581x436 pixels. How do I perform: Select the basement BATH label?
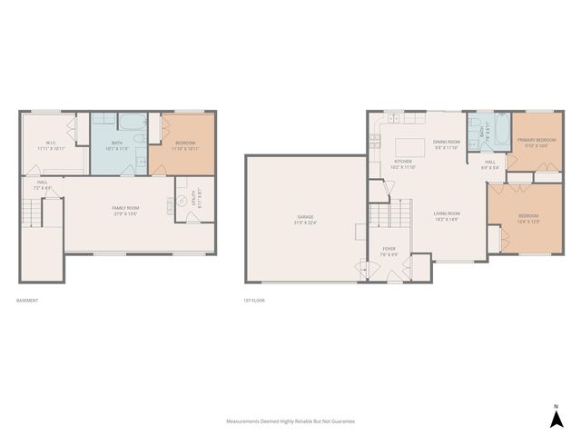[118, 144]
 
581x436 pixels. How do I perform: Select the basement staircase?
[33, 213]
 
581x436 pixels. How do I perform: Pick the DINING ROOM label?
[446, 144]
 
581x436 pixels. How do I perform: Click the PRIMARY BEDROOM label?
[532, 142]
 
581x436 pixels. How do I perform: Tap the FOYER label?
[389, 252]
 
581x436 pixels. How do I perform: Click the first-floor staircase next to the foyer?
[382, 218]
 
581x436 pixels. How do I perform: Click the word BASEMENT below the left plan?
[28, 300]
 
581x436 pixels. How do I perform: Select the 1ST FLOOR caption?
[254, 300]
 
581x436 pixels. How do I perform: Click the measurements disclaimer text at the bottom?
[290, 421]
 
